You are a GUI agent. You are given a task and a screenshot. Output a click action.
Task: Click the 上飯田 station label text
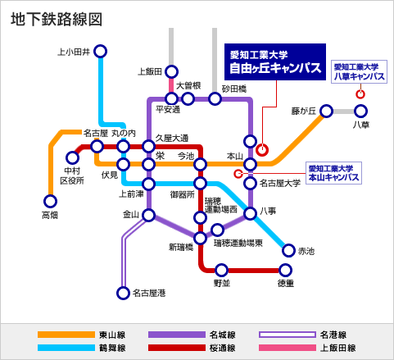pyautogui.click(x=150, y=72)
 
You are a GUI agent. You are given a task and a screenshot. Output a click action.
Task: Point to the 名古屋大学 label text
pyautogui.click(x=280, y=183)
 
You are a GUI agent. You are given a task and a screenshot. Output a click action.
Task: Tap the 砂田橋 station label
pyautogui.click(x=234, y=89)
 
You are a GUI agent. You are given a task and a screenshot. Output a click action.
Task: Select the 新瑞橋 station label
pyautogui.click(x=181, y=247)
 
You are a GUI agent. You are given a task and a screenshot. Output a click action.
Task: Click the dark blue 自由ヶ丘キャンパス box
pyautogui.click(x=275, y=62)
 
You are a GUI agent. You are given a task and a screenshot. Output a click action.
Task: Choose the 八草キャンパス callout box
pyautogui.click(x=359, y=71)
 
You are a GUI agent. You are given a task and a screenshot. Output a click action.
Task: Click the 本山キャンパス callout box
pyautogui.click(x=333, y=173)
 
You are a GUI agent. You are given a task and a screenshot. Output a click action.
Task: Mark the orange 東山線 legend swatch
pyautogui.click(x=66, y=335)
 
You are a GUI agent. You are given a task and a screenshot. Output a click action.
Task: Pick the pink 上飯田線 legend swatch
pyautogui.click(x=288, y=348)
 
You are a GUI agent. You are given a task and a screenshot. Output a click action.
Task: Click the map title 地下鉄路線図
pyautogui.click(x=57, y=20)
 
